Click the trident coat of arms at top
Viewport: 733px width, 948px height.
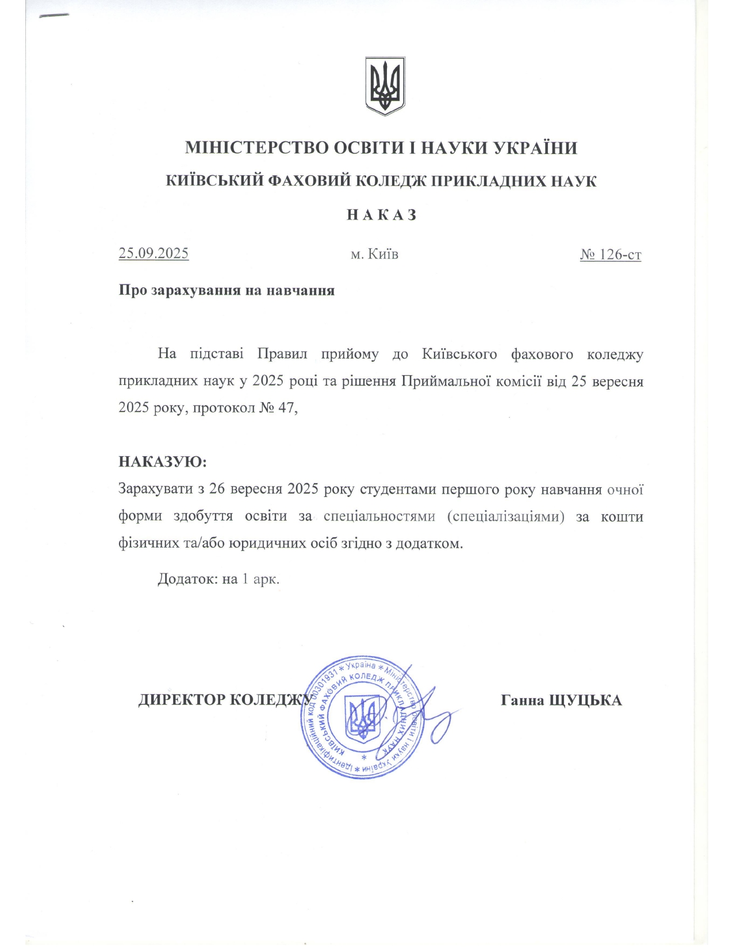(x=385, y=86)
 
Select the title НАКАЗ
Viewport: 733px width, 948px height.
(x=381, y=215)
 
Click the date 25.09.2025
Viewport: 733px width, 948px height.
(x=153, y=253)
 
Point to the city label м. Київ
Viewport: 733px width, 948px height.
(x=374, y=254)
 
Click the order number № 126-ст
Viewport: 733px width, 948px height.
(x=610, y=254)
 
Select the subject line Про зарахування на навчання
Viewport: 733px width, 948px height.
(x=227, y=290)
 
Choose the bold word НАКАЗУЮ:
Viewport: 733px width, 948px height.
(x=162, y=462)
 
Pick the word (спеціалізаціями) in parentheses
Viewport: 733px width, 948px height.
(x=505, y=516)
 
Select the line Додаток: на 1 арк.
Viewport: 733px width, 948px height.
(x=218, y=579)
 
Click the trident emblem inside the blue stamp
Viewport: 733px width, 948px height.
(x=362, y=718)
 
